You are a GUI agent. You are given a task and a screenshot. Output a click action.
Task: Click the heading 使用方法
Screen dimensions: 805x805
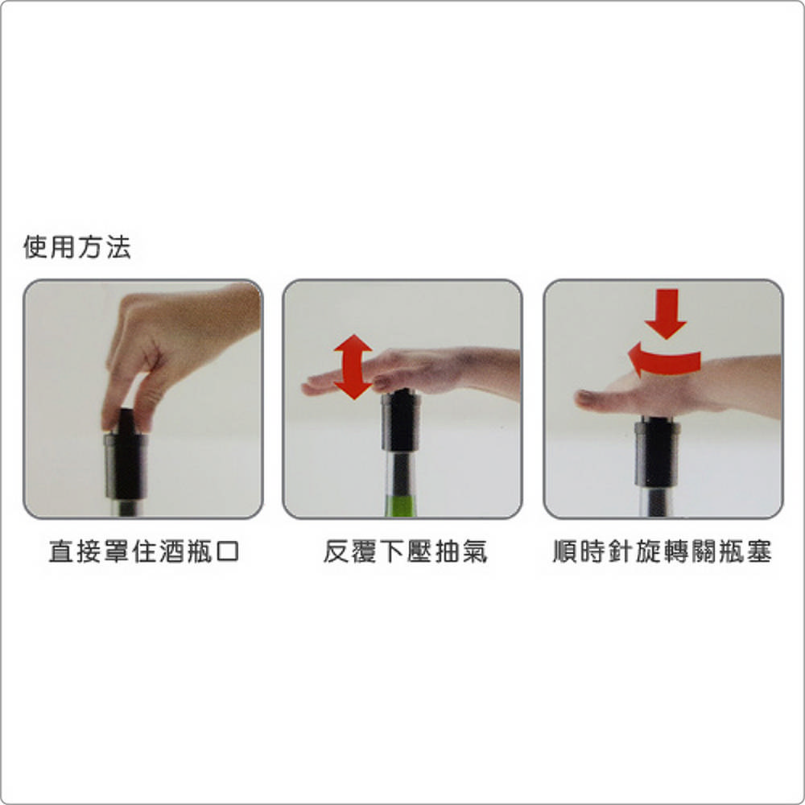[77, 247]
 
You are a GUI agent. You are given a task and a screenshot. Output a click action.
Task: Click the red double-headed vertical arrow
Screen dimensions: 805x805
[353, 366]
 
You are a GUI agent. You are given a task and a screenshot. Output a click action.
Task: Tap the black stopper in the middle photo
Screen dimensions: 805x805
[400, 420]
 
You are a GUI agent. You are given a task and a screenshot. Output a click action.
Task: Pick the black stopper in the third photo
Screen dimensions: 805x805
[658, 452]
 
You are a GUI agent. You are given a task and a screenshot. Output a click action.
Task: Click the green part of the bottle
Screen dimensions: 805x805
[400, 506]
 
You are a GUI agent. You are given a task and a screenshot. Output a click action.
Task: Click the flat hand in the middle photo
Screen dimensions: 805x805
[411, 370]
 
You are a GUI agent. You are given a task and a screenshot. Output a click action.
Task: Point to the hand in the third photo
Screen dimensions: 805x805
[678, 389]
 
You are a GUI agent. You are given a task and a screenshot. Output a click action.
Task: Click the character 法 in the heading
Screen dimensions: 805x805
[118, 247]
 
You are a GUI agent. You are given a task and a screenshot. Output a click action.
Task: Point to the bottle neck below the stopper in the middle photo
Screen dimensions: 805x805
[399, 473]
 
